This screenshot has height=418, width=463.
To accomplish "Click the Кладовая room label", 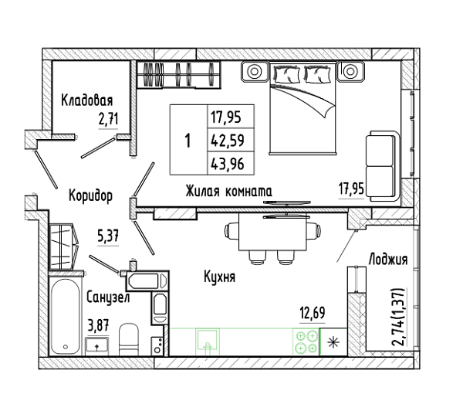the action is pyautogui.click(x=86, y=100).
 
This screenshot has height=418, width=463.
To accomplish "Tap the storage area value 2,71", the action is pyautogui.click(x=108, y=119).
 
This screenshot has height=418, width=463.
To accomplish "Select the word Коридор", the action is pyautogui.click(x=90, y=195).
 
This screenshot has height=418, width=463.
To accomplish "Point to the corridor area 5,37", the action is pyautogui.click(x=108, y=236).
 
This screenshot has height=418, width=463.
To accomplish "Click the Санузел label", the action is pyautogui.click(x=108, y=297).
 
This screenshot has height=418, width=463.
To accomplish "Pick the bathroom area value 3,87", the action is pyautogui.click(x=99, y=327).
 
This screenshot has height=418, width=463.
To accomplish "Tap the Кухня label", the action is pyautogui.click(x=219, y=277).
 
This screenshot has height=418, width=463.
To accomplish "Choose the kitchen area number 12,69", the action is pyautogui.click(x=313, y=313).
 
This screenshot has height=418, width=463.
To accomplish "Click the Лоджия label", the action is pyautogui.click(x=388, y=260).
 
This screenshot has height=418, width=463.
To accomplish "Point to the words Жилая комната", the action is pyautogui.click(x=229, y=192).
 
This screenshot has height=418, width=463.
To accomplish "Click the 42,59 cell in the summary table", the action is pyautogui.click(x=227, y=141).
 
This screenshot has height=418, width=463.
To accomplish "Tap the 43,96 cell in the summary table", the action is pyautogui.click(x=227, y=164).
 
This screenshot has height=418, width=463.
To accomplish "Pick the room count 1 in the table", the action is pyautogui.click(x=188, y=140).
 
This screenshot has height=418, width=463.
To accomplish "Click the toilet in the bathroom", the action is pyautogui.click(x=129, y=338).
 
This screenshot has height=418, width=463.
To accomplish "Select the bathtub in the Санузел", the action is pyautogui.click(x=66, y=315).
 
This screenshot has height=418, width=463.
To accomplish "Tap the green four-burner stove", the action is pyautogui.click(x=306, y=342).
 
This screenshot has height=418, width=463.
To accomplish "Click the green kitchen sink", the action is pyautogui.click(x=208, y=342).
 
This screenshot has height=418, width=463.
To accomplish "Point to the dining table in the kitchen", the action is pyautogui.click(x=273, y=232).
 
